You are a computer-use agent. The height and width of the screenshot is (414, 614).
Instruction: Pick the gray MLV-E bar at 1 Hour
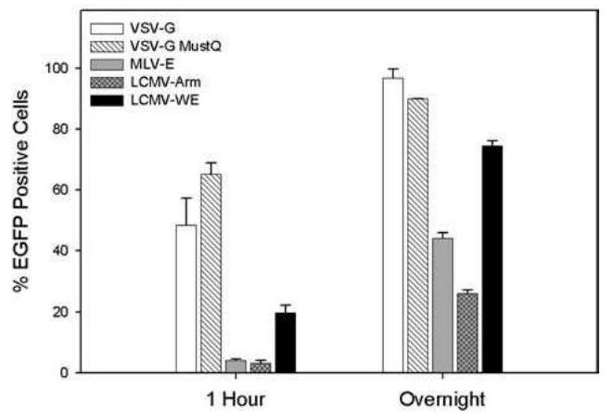[x=236, y=366]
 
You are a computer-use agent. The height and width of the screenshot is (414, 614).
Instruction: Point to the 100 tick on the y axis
[x=82, y=69]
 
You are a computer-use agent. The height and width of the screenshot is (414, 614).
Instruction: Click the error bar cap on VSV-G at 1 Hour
[x=185, y=198]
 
